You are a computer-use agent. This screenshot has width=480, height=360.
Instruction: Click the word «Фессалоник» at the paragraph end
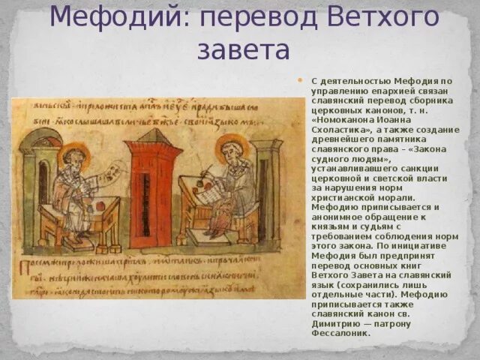pos(341,333)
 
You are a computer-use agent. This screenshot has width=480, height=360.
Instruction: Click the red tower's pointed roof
pos(153,137)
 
